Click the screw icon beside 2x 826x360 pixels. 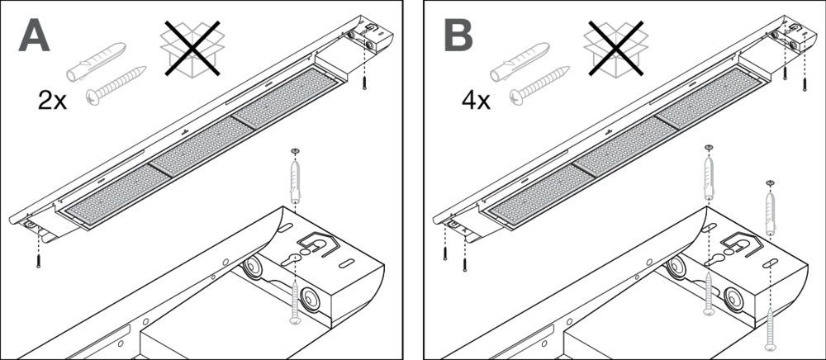pos(112,86)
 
